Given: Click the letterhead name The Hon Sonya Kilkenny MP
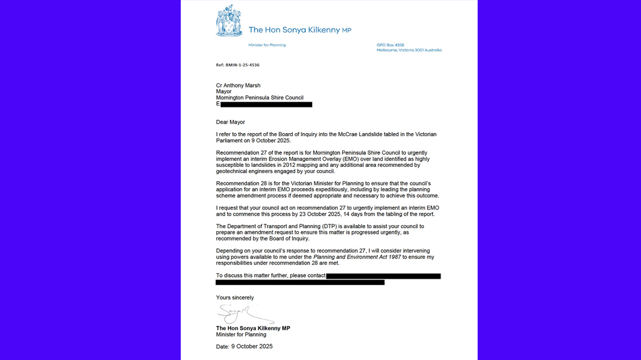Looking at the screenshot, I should pos(300,30).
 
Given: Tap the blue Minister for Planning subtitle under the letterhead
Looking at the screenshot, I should pos(267,45).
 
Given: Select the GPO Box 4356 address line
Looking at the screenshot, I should pos(390,45).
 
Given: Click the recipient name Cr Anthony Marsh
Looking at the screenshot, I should pos(238,86).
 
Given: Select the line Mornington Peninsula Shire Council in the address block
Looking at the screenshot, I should pos(260,98).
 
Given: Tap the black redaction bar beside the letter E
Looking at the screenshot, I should pos(266,104).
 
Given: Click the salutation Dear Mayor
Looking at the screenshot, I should pos(231,122).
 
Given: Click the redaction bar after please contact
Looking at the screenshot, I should pos(383,276).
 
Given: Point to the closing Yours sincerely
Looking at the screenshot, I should pos(235,297).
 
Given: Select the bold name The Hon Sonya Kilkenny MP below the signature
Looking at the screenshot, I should pos(253,328).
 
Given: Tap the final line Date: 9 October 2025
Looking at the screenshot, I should pos(245,346).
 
